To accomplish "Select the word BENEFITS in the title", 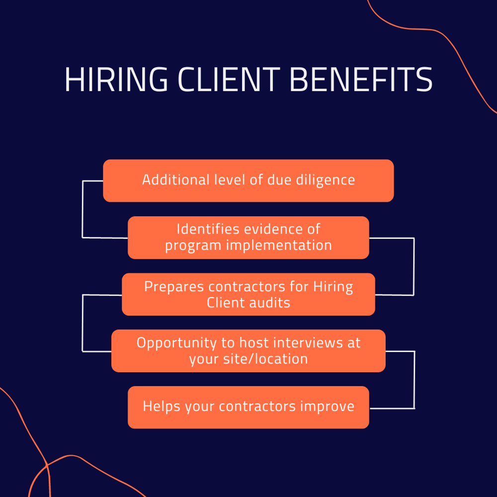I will pyautogui.click(x=361, y=79).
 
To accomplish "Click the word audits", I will pyautogui.click(x=270, y=302).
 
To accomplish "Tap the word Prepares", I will pyautogui.click(x=173, y=287).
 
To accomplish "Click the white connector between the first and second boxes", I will pyautogui.click(x=83, y=209).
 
